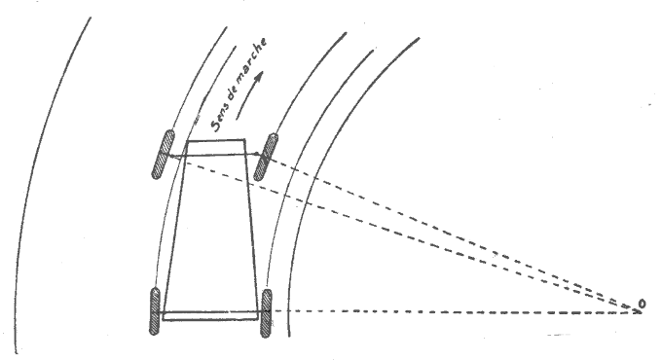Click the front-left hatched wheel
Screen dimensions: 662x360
(162, 155)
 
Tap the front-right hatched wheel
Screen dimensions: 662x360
(263, 156)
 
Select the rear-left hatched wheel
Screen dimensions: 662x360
(154, 311)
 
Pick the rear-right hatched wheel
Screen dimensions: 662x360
(265, 312)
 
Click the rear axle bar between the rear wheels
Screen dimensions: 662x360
(209, 314)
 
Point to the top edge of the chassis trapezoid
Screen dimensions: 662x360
(215, 142)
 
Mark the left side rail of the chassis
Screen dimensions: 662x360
(174, 229)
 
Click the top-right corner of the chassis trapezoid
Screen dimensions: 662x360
(244, 142)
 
